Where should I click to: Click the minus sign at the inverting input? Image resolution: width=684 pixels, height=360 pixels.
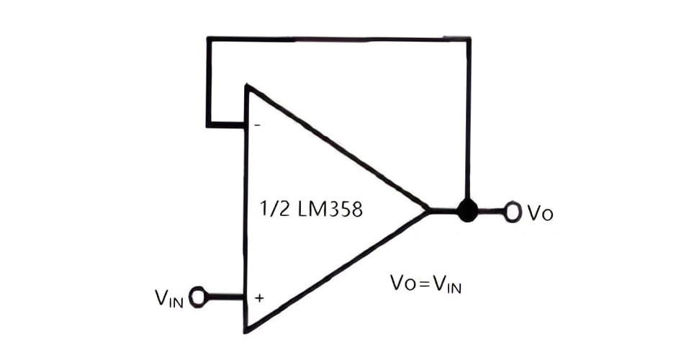tap(257, 126)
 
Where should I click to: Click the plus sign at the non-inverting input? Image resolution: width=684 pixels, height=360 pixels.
tap(257, 297)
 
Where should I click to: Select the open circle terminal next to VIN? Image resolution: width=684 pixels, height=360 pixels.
tap(198, 295)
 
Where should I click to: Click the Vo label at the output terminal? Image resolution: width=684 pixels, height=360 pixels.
tap(539, 214)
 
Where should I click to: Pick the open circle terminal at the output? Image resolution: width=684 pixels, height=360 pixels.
tap(513, 212)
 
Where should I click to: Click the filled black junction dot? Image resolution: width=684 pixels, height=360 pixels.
tap(468, 211)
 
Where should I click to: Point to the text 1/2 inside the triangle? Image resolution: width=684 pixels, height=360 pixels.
tap(272, 210)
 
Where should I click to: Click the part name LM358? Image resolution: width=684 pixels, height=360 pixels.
tap(328, 210)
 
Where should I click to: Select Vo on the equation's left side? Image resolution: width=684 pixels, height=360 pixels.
tap(401, 284)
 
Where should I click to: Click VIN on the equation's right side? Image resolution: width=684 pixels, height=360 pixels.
tap(446, 285)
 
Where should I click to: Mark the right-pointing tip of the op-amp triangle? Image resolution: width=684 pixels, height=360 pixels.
tap(429, 211)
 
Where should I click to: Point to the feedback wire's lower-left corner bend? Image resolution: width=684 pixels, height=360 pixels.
tap(208, 125)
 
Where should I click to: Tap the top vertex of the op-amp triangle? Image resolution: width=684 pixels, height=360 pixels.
tap(246, 85)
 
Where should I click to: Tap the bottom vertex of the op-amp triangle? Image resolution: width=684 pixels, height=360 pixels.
tap(246, 332)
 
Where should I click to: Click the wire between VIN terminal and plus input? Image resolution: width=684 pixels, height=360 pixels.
tap(225, 295)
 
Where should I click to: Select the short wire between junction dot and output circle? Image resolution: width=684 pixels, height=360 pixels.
tap(491, 211)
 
